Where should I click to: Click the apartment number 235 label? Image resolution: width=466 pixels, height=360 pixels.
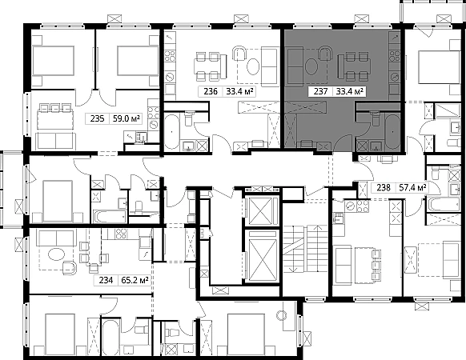pyautogui.click(x=97, y=119)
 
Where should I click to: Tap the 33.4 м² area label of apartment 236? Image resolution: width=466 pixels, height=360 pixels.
pyautogui.click(x=240, y=91)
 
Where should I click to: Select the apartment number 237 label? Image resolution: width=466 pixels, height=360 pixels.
pyautogui.click(x=320, y=91)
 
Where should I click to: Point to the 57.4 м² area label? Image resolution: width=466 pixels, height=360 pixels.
pyautogui.click(x=412, y=188)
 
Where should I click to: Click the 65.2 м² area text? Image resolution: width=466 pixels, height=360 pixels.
pyautogui.click(x=135, y=280)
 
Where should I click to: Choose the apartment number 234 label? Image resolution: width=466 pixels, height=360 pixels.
pyautogui.click(x=106, y=280)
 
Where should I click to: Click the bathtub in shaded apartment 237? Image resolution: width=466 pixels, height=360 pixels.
pyautogui.click(x=392, y=131)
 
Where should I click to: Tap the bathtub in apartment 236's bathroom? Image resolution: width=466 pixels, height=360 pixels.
pyautogui.click(x=172, y=131)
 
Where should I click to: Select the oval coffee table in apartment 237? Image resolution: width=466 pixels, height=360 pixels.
pyautogui.click(x=311, y=66)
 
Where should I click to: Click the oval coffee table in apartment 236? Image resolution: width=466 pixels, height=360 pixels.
pyautogui.click(x=254, y=66)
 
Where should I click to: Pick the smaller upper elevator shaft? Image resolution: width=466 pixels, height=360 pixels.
pyautogui.click(x=260, y=211)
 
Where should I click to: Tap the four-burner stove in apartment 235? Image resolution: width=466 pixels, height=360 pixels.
pyautogui.click(x=154, y=113)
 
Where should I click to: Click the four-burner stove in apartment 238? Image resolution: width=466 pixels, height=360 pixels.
pyautogui.click(x=363, y=206)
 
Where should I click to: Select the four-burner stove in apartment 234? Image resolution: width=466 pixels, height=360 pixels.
pyautogui.click(x=121, y=233)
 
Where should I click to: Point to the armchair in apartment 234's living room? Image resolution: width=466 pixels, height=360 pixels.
pyautogui.click(x=69, y=268)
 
